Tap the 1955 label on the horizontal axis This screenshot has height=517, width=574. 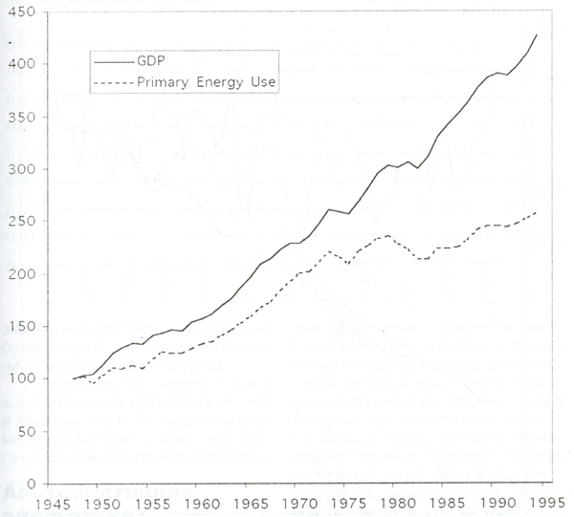click(149, 502)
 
